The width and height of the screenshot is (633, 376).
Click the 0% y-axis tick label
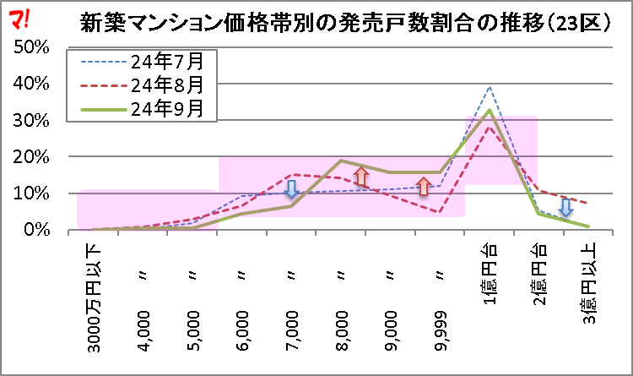(35, 231)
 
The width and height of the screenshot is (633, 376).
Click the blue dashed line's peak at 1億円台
(490, 86)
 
